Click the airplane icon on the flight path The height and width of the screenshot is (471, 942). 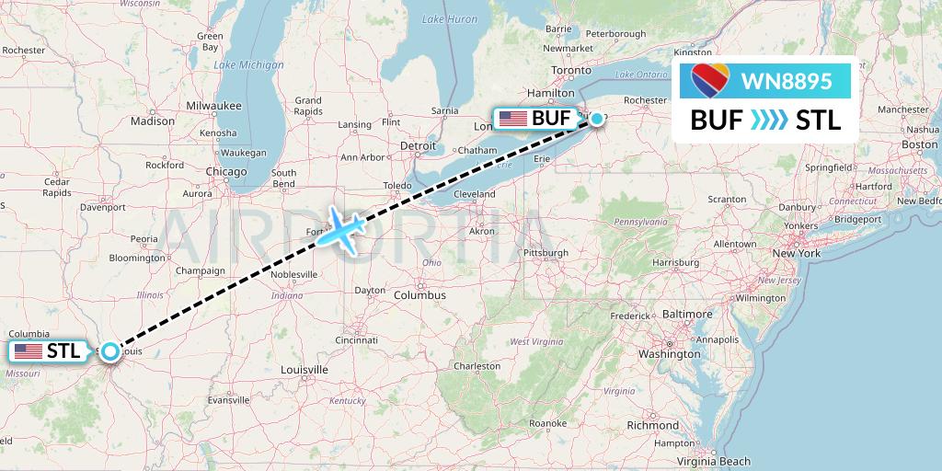click(x=341, y=229)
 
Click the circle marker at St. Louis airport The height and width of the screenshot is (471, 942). click(x=110, y=350)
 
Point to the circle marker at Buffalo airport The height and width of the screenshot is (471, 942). click(x=597, y=118)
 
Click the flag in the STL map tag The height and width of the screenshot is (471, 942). click(x=29, y=350)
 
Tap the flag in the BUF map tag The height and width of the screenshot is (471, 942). click(x=511, y=118)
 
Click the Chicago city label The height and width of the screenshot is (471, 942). click(x=226, y=172)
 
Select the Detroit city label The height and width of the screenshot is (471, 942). click(x=418, y=145)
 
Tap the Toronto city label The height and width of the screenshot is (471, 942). click(x=570, y=71)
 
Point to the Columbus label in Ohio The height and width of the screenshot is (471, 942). click(x=420, y=295)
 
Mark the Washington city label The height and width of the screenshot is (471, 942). click(x=671, y=353)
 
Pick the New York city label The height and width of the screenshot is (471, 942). click(x=796, y=253)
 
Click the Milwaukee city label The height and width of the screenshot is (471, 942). click(x=213, y=106)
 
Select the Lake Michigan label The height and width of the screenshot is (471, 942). click(x=248, y=64)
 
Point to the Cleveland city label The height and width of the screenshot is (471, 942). click(x=474, y=194)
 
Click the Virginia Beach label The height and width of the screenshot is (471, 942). click(x=715, y=462)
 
